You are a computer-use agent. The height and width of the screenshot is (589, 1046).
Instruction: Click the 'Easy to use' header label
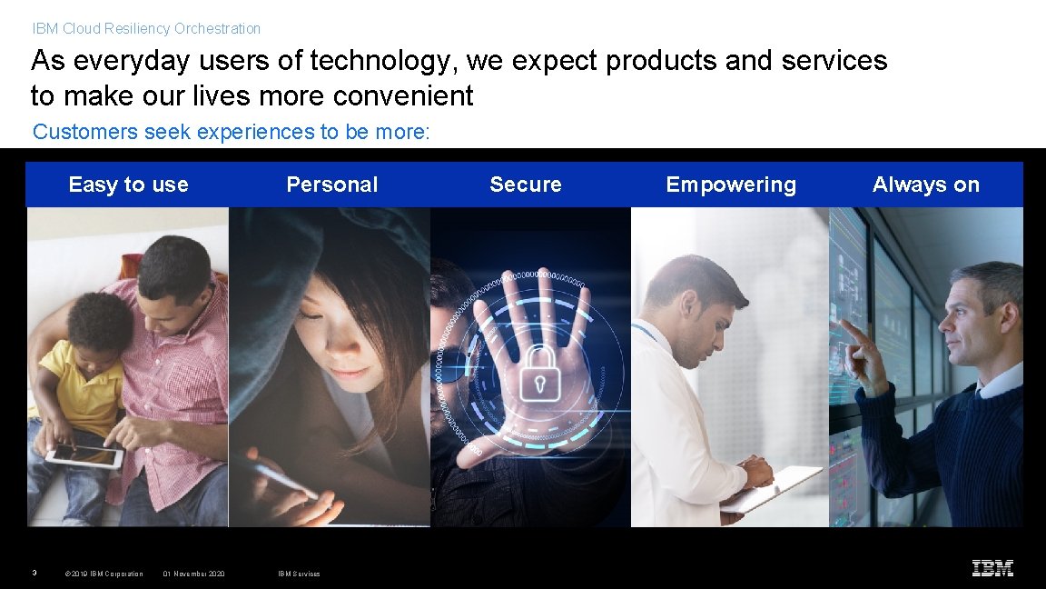tap(128, 185)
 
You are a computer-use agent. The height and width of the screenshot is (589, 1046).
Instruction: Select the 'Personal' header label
tap(331, 185)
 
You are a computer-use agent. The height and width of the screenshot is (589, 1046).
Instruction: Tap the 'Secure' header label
tap(525, 185)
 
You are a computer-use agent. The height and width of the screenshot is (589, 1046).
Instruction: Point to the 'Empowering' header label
tap(730, 185)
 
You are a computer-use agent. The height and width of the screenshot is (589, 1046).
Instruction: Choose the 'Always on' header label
tap(925, 185)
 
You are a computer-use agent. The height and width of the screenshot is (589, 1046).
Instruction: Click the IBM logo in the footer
tap(992, 569)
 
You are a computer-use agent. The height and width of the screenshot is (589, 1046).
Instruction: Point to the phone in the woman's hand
tap(284, 479)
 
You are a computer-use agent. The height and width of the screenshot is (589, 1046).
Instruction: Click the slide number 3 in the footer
tap(34, 573)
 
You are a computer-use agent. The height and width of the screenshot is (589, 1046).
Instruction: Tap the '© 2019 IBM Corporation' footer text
tap(104, 574)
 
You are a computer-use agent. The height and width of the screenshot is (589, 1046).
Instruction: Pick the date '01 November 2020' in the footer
tap(193, 574)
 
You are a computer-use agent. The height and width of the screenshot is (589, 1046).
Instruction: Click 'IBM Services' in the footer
tap(299, 574)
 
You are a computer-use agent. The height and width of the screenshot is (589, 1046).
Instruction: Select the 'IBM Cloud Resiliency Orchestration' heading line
tap(146, 29)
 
